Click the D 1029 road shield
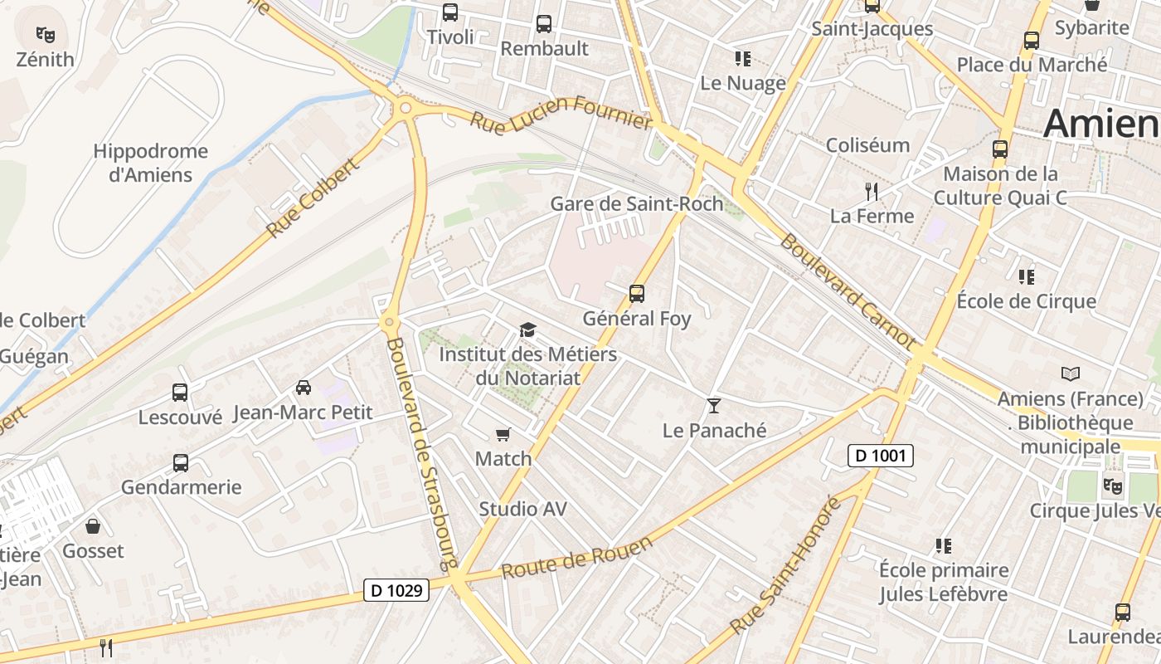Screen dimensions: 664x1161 396,590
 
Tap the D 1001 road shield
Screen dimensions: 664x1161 880,455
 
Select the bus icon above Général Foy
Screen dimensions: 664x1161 637,293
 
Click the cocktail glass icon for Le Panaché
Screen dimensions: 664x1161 713,406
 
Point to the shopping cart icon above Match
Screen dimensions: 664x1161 503,434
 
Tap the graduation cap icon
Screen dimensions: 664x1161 527,330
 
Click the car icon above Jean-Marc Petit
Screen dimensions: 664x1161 304,387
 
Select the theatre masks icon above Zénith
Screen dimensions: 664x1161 46,35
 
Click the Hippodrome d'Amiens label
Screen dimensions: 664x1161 150,164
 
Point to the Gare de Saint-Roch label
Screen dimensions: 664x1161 637,203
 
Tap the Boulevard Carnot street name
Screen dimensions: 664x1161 848,291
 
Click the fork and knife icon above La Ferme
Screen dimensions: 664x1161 871,192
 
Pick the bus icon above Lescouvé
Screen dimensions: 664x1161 180,392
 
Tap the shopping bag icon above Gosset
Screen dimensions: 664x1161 93,526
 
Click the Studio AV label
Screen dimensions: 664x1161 522,509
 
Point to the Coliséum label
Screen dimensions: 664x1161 867,145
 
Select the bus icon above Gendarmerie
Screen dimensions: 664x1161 181,462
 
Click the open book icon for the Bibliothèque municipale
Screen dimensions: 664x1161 1071,373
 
